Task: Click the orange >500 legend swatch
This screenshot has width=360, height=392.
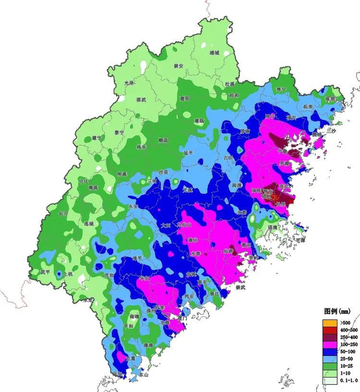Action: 326,322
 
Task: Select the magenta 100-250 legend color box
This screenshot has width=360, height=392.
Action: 326,343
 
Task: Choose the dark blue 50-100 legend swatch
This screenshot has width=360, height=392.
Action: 326,349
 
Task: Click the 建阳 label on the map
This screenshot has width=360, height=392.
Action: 185,98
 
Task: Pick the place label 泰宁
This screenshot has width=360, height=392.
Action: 119,132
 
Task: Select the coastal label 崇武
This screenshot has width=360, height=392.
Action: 241,288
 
